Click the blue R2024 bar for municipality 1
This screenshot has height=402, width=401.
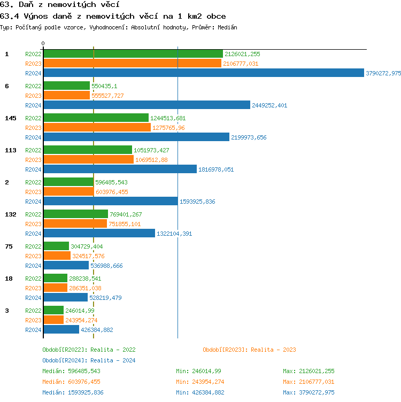point(203,73)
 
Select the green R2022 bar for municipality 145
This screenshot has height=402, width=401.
point(96,118)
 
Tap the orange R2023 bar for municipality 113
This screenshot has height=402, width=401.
point(88,160)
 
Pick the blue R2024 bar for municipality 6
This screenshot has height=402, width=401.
point(146,105)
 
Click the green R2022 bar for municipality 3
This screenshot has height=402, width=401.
point(53,311)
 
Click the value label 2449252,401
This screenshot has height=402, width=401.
point(269,105)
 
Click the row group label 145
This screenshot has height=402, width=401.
point(11,118)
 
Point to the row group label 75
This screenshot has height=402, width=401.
point(9,246)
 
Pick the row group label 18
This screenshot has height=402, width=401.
point(9,279)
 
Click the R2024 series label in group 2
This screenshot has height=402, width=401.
point(33,202)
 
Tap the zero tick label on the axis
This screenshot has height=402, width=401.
point(43,43)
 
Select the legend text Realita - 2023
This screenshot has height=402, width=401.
point(273,350)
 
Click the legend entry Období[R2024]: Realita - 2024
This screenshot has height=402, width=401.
point(89,360)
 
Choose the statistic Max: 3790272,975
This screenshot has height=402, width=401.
point(309,392)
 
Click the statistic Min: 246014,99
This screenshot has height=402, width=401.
point(198,371)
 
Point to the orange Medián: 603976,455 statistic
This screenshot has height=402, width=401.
point(71,382)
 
